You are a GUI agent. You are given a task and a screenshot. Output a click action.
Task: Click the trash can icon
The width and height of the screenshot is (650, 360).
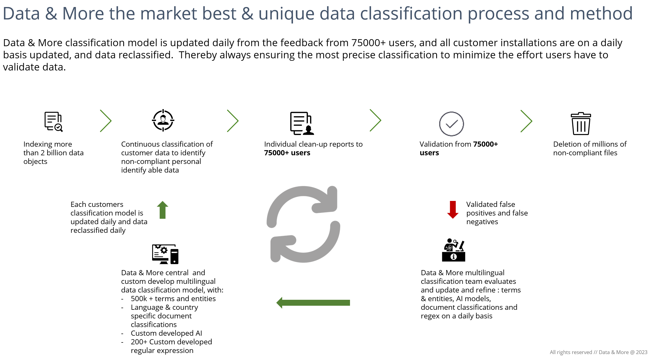click(x=581, y=123)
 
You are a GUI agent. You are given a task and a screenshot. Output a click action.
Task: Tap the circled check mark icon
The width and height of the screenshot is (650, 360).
click(x=451, y=124)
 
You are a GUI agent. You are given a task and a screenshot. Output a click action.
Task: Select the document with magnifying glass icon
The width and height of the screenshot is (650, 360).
click(x=54, y=122)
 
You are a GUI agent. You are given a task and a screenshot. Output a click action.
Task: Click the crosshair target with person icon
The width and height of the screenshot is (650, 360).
click(x=163, y=120)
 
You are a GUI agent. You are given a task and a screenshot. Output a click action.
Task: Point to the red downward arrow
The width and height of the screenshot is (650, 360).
click(x=453, y=210)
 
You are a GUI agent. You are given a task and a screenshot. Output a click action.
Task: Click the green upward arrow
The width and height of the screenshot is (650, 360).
click(x=162, y=210)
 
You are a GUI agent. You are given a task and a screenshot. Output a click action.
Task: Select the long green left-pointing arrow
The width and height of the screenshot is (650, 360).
click(x=313, y=303)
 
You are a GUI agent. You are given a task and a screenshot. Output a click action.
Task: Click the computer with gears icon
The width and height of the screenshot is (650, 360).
click(x=165, y=254)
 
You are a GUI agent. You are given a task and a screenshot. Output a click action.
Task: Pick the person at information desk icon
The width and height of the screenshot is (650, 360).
click(x=454, y=250)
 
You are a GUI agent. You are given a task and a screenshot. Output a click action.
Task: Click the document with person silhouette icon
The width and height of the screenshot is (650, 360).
click(x=302, y=123)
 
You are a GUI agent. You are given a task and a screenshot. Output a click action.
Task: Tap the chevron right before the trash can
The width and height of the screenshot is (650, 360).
click(x=526, y=121)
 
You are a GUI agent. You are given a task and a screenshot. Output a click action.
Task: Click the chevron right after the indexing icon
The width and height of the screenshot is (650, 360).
click(x=106, y=121)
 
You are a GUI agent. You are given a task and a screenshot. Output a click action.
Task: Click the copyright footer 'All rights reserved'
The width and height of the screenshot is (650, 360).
click(x=571, y=352)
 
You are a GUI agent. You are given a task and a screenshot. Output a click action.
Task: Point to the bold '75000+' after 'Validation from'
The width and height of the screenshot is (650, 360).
click(x=485, y=144)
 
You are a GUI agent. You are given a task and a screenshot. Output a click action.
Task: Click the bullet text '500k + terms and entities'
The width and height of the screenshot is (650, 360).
click(x=173, y=299)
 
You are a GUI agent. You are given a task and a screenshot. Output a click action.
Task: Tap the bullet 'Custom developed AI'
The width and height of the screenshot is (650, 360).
click(x=166, y=333)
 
